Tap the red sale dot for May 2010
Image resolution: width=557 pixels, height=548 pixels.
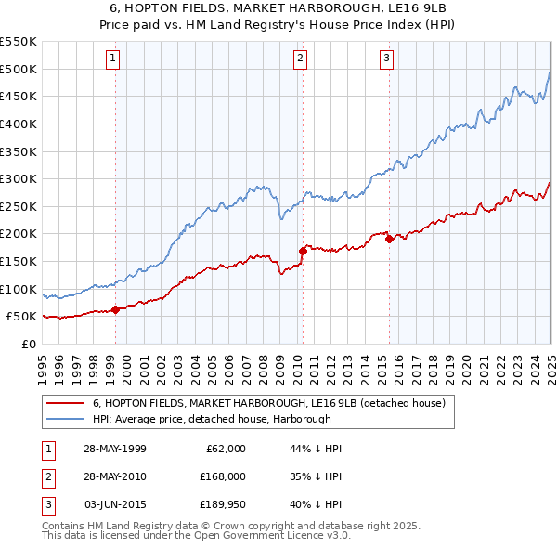coord(303,251)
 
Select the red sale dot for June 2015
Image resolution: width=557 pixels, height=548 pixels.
coord(389,239)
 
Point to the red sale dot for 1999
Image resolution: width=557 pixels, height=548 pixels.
coord(116,309)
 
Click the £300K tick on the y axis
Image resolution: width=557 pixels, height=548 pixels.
coord(19,178)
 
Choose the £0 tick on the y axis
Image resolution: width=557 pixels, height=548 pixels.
coord(29,344)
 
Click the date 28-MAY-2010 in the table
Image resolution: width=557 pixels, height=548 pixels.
coord(114,476)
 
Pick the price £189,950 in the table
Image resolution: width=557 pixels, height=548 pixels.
coord(219,505)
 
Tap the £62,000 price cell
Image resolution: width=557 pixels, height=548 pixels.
coord(224,448)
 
